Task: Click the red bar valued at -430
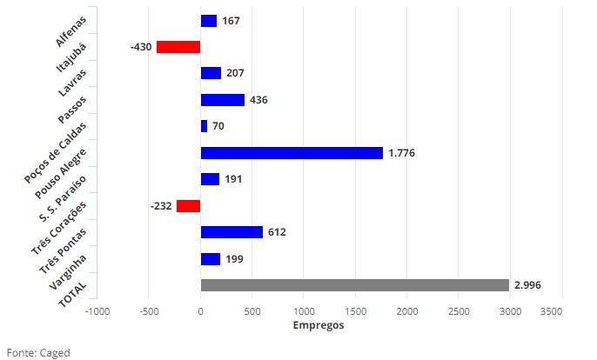coord(178,47)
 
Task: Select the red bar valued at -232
coord(189,206)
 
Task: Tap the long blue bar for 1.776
coord(292,153)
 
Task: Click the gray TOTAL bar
coord(354,285)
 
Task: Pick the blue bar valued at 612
coord(231,232)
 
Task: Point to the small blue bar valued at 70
coord(204,126)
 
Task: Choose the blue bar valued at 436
coord(222,100)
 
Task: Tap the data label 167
coord(231,21)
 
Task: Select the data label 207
coord(234,73)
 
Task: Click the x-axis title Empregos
coord(318,326)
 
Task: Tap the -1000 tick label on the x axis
coord(97,310)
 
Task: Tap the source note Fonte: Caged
coord(37,352)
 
